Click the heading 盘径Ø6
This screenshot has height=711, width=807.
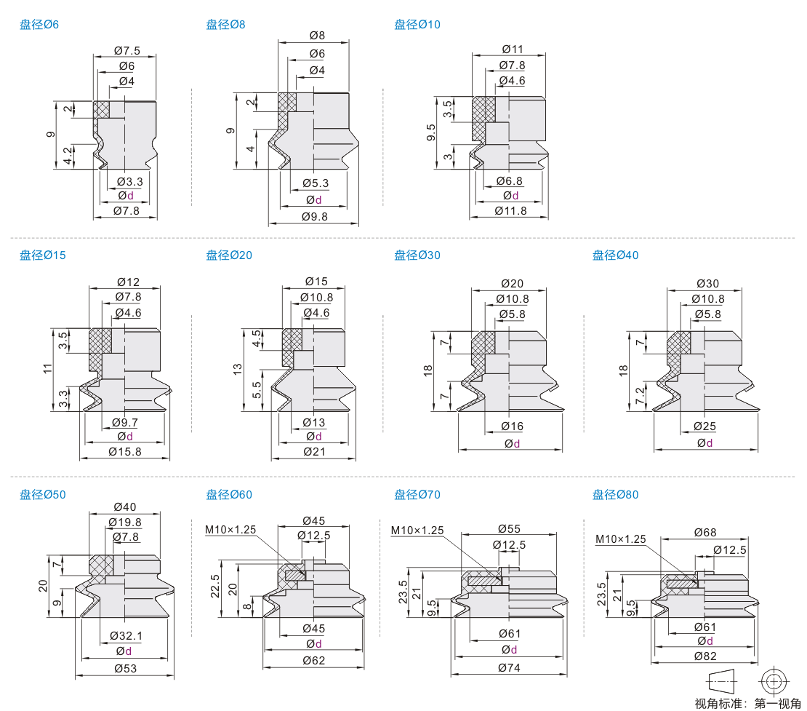point(39,24)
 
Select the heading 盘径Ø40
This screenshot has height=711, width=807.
point(615,255)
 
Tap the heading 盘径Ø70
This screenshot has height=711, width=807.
point(417,495)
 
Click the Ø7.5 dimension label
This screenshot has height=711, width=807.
point(127,50)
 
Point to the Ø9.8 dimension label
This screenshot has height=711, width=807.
point(315,216)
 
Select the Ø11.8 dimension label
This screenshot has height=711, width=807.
point(510,211)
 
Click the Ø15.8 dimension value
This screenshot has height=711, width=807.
point(125,452)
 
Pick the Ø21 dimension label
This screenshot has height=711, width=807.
point(314,452)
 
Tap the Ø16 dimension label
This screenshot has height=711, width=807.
point(512,426)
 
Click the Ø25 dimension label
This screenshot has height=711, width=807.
point(704,426)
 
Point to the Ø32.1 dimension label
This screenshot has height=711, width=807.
point(126,636)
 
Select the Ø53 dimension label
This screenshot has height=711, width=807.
point(126,668)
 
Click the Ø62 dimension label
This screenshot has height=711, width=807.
point(314,660)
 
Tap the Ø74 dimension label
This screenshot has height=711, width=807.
point(509,668)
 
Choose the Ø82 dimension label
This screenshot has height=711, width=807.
point(705,656)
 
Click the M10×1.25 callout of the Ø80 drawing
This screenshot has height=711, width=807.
point(621,539)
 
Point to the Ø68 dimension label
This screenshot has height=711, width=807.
point(705,532)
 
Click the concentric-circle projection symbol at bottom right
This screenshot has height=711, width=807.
point(774,682)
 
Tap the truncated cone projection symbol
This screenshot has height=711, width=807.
point(723,682)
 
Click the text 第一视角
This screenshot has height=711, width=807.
point(778,704)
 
